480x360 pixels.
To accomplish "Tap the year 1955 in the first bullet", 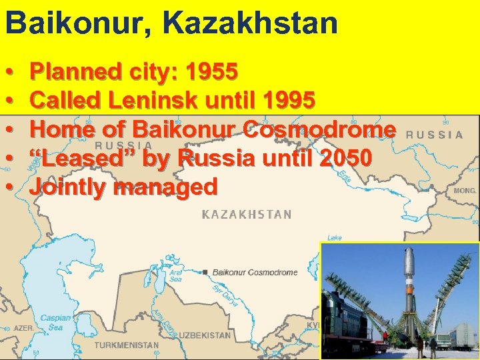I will click(x=213, y=71).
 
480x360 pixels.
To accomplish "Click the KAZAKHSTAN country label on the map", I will click(x=247, y=214).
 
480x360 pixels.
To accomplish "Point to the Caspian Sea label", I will click(x=53, y=323).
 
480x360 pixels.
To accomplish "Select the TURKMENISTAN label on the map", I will click(x=126, y=346).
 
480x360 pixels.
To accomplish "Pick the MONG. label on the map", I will click(x=465, y=190).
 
